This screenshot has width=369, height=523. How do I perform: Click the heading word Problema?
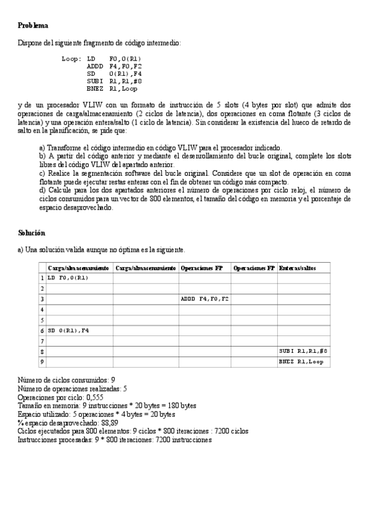(x=33, y=25)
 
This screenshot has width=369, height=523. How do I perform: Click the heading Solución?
(x=31, y=233)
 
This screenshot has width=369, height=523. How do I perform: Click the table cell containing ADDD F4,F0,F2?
(x=205, y=299)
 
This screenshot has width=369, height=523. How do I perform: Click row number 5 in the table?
(x=42, y=319)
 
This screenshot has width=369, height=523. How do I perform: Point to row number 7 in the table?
(x=42, y=340)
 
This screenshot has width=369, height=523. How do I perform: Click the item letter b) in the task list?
(x=42, y=156)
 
